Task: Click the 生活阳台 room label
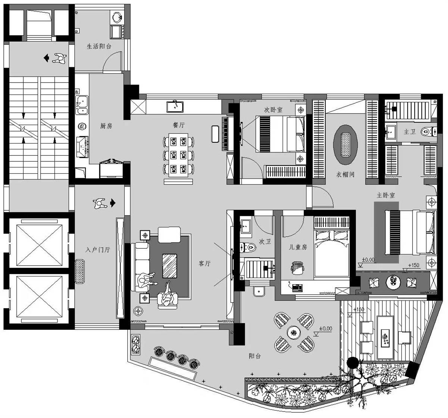click(x=99, y=47)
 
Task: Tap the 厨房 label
click(x=106, y=126)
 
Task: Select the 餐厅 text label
click(x=179, y=125)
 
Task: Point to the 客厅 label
click(x=204, y=263)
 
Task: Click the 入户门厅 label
click(x=98, y=250)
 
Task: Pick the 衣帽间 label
click(x=345, y=174)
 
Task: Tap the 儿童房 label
click(x=298, y=247)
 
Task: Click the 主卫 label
click(x=410, y=131)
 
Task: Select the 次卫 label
click(x=265, y=241)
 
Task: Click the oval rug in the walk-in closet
click(x=345, y=145)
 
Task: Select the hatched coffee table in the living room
click(x=169, y=266)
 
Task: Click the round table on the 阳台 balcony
click(x=294, y=332)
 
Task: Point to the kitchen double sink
click(x=82, y=105)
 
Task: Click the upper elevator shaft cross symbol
click(x=39, y=245)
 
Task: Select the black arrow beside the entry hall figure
click(x=113, y=203)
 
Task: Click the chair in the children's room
click(x=297, y=268)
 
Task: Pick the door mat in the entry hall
click(x=80, y=272)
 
